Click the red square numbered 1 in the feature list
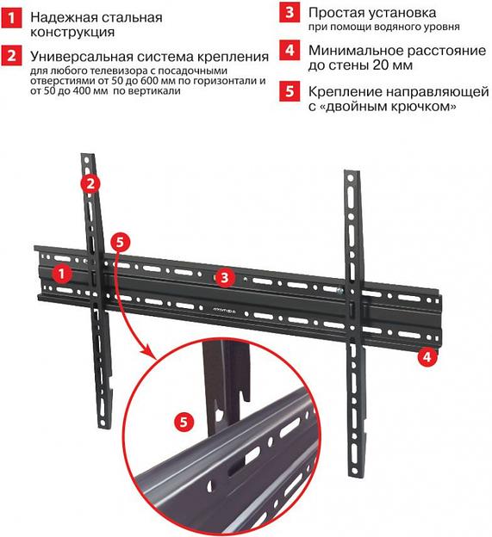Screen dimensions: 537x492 (11, 16)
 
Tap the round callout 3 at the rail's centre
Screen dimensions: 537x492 (223, 277)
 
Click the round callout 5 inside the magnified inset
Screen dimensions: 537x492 (182, 422)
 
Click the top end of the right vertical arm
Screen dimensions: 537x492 (350, 176)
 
